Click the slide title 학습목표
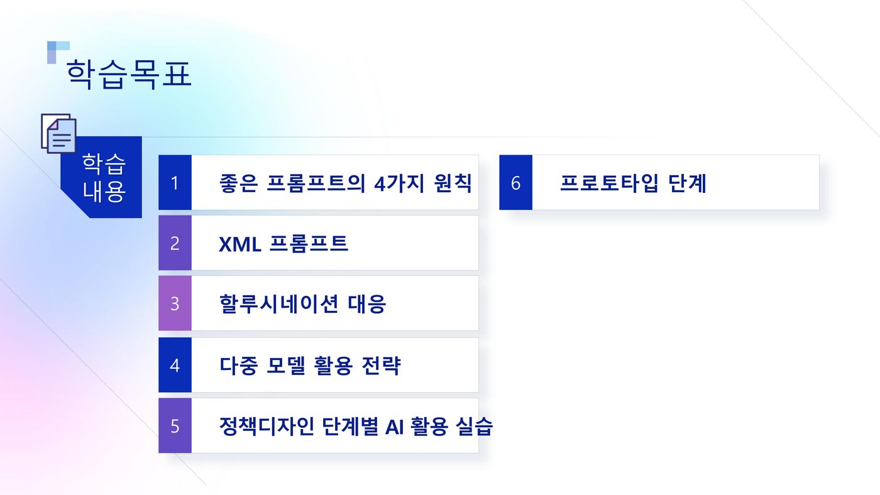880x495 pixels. (x=129, y=74)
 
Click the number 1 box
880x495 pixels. (x=175, y=183)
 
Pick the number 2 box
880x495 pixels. (x=175, y=243)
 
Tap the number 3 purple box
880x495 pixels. (x=175, y=303)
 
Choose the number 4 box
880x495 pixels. (x=175, y=365)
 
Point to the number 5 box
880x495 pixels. (x=175, y=426)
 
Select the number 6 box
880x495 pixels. (x=516, y=183)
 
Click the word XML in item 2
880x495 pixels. (x=240, y=244)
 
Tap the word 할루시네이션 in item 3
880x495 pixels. (x=278, y=304)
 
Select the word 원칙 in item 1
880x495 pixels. (x=453, y=183)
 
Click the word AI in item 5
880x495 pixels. (x=394, y=427)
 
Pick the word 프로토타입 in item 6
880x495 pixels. (x=609, y=183)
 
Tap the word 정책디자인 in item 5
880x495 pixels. (x=267, y=427)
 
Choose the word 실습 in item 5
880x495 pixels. (x=474, y=427)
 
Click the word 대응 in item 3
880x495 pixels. (x=367, y=304)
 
